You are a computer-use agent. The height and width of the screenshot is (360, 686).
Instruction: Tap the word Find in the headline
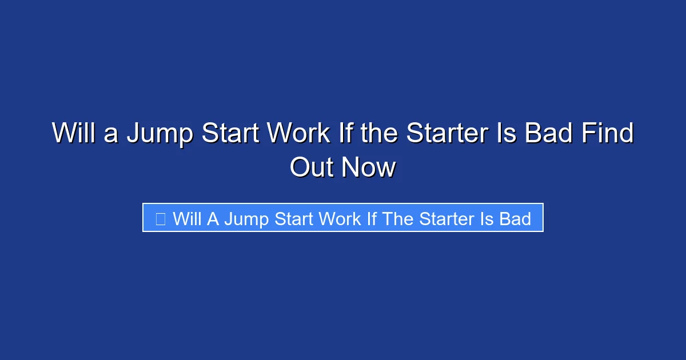pyautogui.click(x=608, y=134)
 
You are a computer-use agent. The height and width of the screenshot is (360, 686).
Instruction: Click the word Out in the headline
pyautogui.click(x=312, y=167)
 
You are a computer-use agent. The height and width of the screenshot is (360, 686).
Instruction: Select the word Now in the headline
pyautogui.click(x=369, y=167)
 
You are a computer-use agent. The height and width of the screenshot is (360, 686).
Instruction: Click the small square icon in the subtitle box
pyautogui.click(x=161, y=218)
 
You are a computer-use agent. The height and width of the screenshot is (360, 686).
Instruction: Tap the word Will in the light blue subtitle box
pyautogui.click(x=187, y=218)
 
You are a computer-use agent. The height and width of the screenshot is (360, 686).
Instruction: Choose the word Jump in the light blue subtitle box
pyautogui.click(x=246, y=218)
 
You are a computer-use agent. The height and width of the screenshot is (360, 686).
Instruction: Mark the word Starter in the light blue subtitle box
pyautogui.click(x=445, y=218)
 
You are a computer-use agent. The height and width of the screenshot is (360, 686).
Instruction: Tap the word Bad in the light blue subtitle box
pyautogui.click(x=514, y=218)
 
